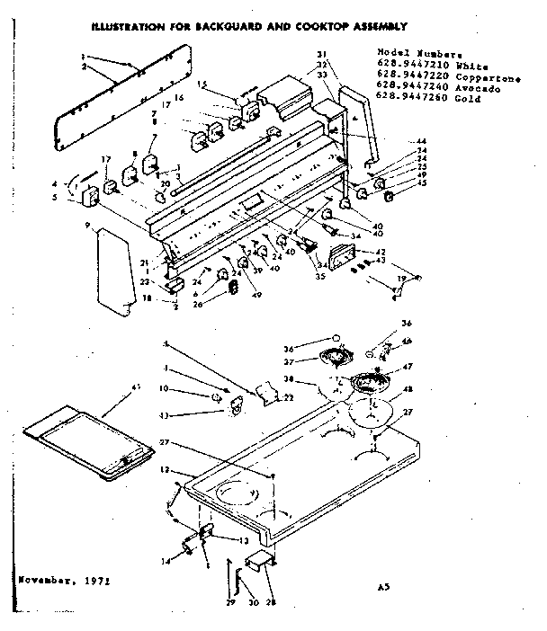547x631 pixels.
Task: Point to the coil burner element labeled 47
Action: [370, 384]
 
